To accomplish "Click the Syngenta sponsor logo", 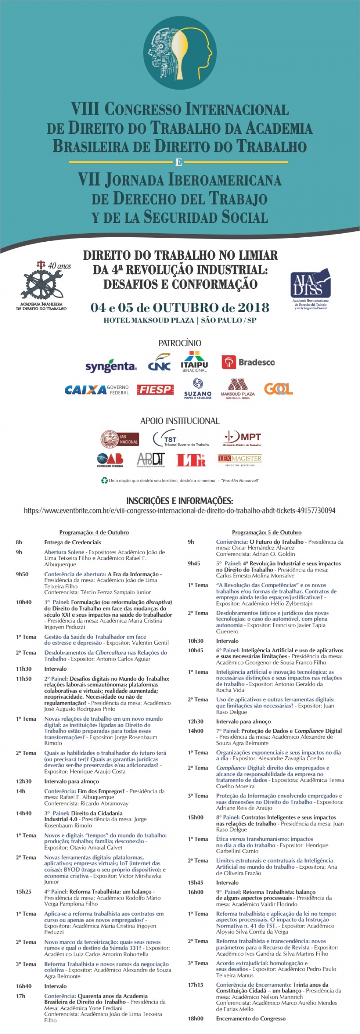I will (111, 366).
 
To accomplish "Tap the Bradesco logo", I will (248, 362).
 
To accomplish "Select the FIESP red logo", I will (155, 389).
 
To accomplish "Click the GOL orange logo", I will (278, 389).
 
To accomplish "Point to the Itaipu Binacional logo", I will (194, 362).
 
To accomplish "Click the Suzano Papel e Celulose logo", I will (198, 389).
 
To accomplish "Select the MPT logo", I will (242, 439).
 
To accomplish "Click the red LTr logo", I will (191, 460).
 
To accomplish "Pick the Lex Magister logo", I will (240, 460).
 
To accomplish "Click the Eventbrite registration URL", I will (179, 511).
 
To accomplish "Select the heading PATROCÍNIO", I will (179, 343).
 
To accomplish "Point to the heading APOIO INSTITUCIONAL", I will (179, 421).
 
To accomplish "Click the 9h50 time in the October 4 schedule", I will (22, 574).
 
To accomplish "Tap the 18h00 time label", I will (196, 1018).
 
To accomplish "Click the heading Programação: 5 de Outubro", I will (266, 532).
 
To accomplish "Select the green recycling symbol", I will (104, 480).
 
